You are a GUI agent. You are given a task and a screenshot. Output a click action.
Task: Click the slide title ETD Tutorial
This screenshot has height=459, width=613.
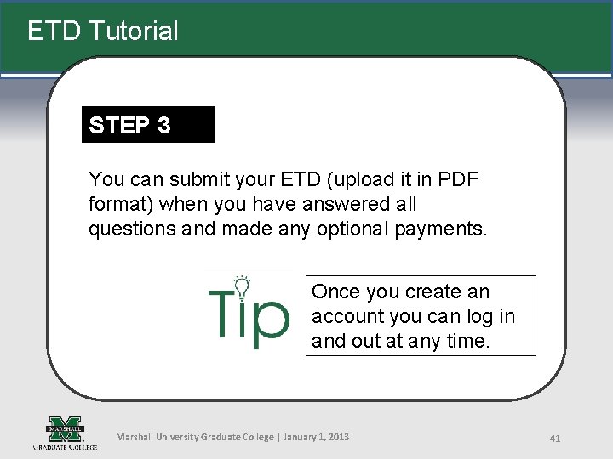click(x=103, y=31)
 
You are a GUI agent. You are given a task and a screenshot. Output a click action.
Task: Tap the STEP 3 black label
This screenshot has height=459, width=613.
click(x=130, y=125)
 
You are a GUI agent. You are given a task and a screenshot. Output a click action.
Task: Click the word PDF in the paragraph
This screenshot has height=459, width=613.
click(x=458, y=179)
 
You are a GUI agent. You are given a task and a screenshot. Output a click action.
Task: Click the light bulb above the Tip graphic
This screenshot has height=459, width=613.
click(x=243, y=285)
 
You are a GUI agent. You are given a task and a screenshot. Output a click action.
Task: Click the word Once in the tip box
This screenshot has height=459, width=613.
click(x=335, y=292)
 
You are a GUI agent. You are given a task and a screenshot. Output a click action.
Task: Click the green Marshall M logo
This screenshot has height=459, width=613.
click(x=65, y=428)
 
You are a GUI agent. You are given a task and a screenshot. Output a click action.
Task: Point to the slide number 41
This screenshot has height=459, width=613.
click(x=554, y=439)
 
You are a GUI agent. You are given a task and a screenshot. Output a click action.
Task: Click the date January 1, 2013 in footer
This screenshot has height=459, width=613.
click(x=315, y=437)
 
